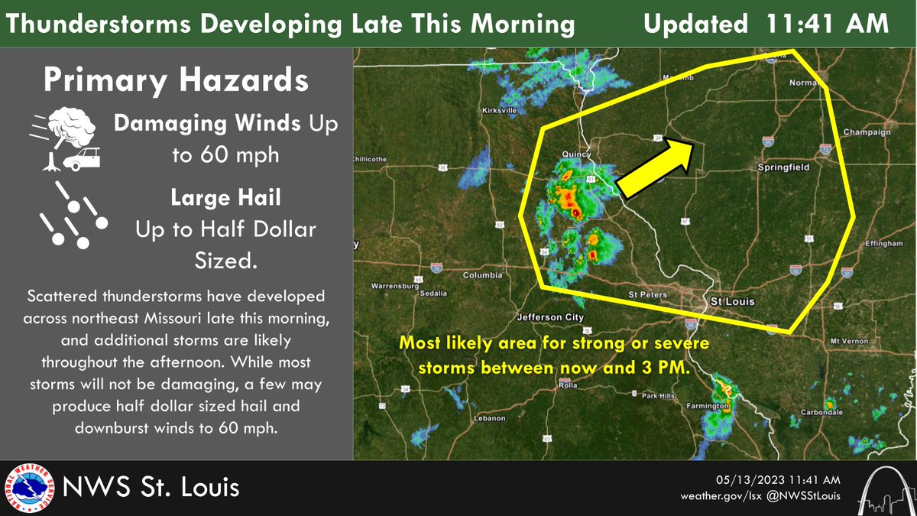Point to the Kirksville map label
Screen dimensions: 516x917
[x=501, y=111]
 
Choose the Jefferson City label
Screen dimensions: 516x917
[x=550, y=316]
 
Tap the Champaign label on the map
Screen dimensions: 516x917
[x=867, y=132]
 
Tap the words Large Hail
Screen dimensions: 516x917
[x=225, y=199]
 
